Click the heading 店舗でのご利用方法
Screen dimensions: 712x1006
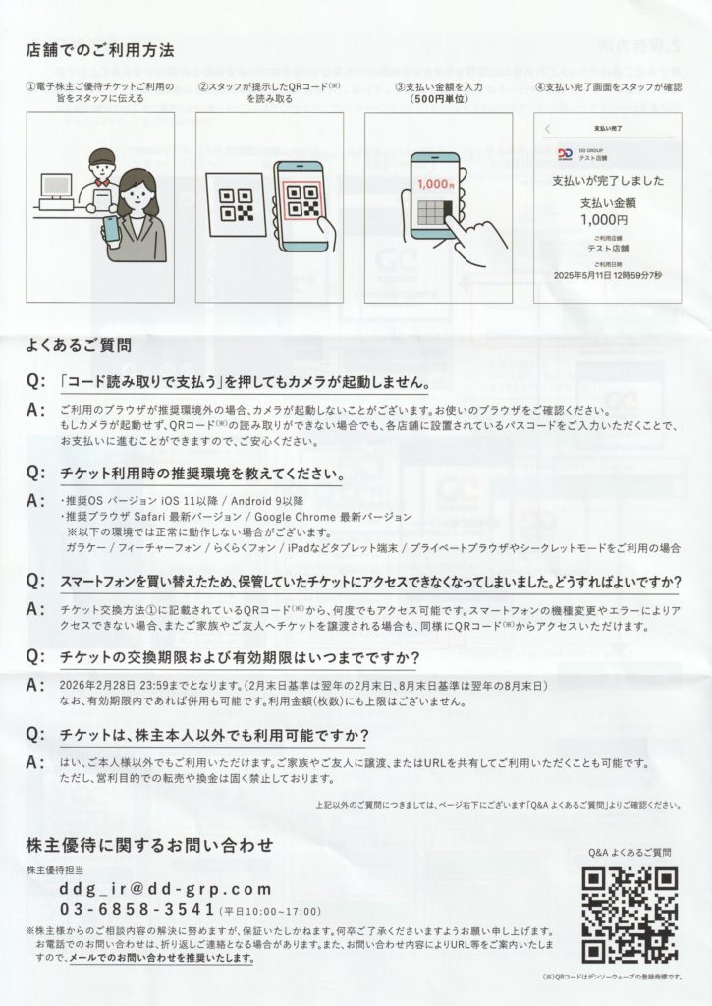(100, 50)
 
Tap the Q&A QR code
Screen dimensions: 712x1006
(630, 915)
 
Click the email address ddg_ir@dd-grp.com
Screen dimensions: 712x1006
(166, 889)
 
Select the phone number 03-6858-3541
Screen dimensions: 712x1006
(137, 909)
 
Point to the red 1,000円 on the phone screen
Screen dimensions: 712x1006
(435, 184)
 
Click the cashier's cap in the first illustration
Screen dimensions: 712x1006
(102, 156)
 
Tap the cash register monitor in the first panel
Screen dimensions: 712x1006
(55, 186)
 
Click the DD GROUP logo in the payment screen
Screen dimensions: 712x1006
(565, 154)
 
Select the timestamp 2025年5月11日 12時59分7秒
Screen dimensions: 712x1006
(608, 275)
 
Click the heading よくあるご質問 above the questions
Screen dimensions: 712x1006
(79, 345)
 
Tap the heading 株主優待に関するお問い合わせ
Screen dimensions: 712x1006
(149, 845)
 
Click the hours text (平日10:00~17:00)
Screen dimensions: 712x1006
(270, 911)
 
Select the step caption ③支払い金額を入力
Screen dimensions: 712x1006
(439, 87)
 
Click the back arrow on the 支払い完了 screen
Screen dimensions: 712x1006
(547, 129)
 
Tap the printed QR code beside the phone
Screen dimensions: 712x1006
(236, 204)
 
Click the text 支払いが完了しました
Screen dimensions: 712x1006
(608, 181)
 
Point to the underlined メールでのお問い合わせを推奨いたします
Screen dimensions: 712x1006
(161, 958)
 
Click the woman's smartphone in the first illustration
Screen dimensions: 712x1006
(110, 228)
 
